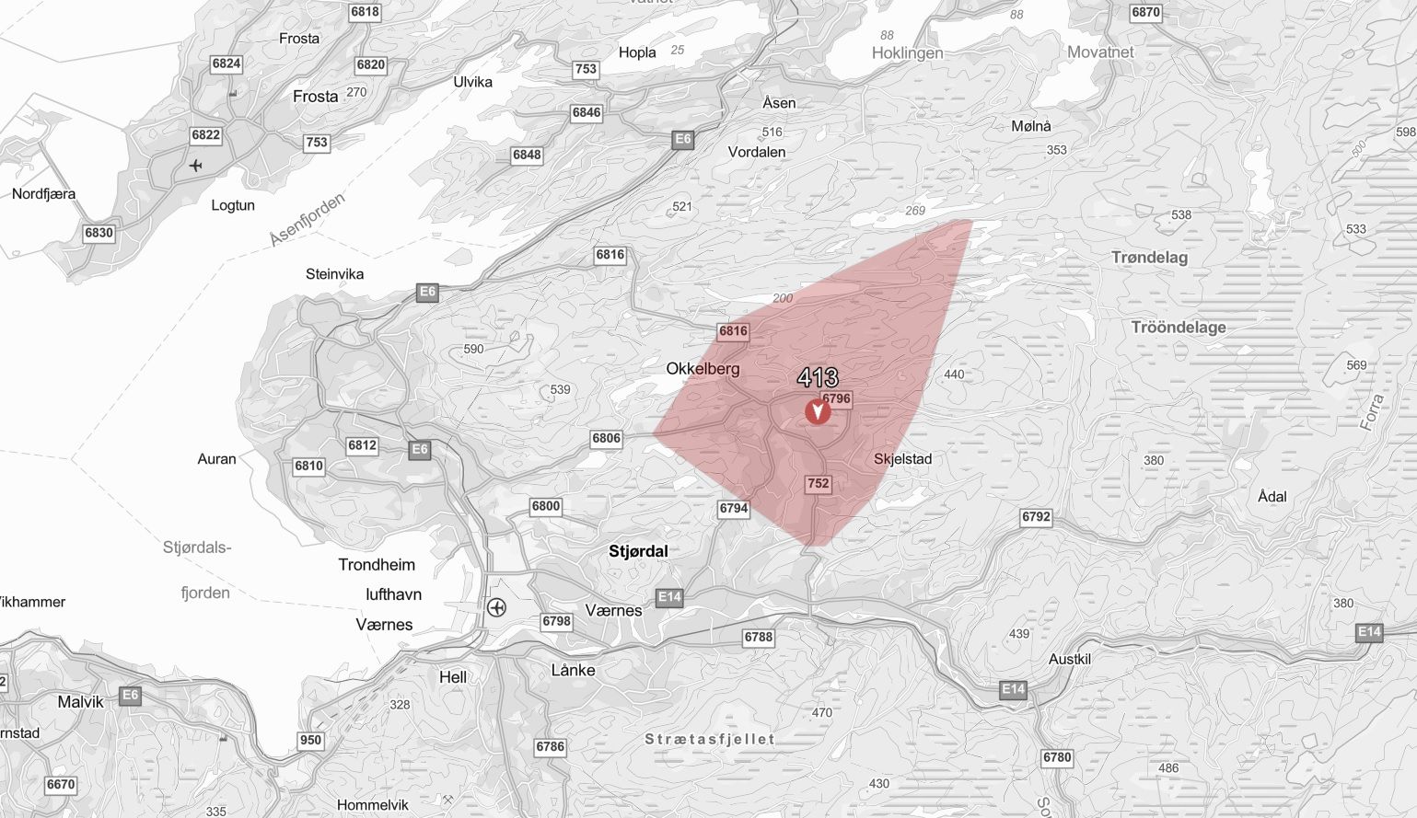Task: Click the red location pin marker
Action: tap(817, 411)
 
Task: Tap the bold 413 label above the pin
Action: tap(818, 377)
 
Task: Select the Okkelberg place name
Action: tap(703, 369)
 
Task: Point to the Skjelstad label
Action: tap(902, 459)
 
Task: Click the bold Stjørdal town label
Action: tap(638, 551)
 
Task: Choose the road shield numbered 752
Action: tap(818, 483)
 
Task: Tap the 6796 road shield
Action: tap(837, 399)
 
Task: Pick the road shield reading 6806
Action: tap(606, 438)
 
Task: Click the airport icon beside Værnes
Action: tap(497, 607)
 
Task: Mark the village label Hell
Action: tap(453, 677)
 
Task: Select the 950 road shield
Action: tap(311, 740)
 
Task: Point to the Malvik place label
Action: tap(80, 702)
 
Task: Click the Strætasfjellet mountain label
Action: tap(709, 739)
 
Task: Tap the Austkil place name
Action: tap(1070, 660)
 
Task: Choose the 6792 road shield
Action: tap(1036, 517)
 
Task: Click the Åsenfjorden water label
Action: tap(308, 219)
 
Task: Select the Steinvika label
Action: tap(334, 274)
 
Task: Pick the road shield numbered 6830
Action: tap(99, 233)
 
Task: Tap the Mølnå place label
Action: tap(1031, 126)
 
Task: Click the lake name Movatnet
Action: tap(1100, 52)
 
